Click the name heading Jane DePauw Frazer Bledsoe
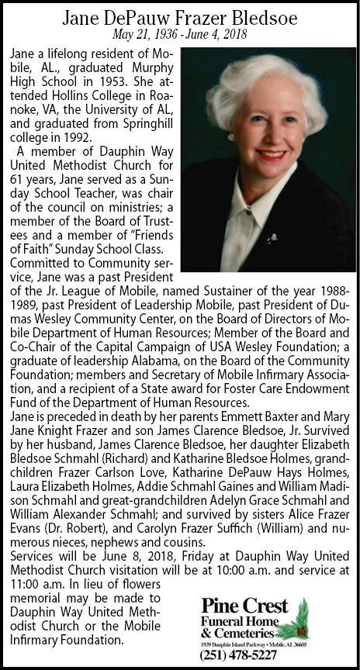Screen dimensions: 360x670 (180, 16)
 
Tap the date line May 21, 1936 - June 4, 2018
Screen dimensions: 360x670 (180, 33)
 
